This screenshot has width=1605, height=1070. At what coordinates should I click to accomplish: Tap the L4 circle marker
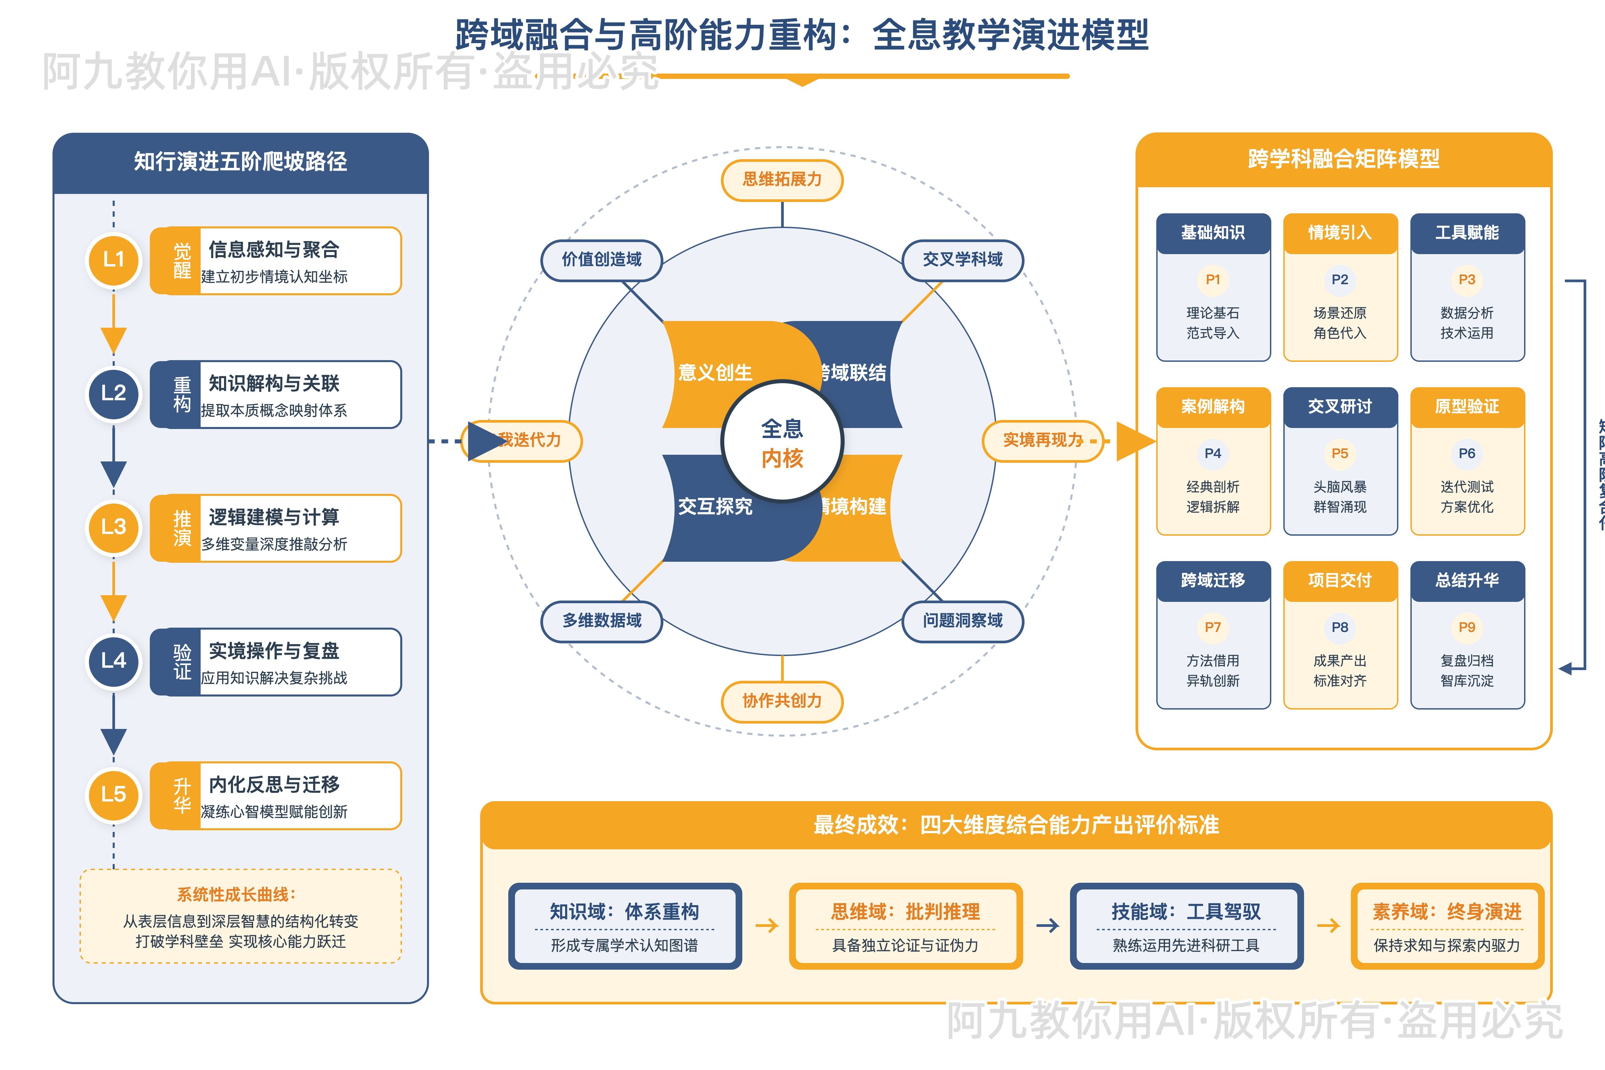point(113,661)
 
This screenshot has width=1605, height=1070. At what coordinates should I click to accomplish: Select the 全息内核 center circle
point(782,442)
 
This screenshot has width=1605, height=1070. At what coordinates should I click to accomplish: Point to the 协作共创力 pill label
point(782,701)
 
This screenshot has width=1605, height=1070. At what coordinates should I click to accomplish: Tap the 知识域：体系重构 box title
point(624,912)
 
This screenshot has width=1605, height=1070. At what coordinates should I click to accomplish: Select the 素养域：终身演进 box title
point(1447,912)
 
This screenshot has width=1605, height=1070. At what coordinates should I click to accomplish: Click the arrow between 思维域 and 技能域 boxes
point(1048,926)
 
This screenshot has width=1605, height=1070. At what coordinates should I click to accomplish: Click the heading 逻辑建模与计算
point(274,517)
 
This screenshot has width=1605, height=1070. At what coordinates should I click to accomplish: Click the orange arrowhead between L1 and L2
point(113,339)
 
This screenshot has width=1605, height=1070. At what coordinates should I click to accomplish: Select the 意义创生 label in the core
point(715,372)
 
